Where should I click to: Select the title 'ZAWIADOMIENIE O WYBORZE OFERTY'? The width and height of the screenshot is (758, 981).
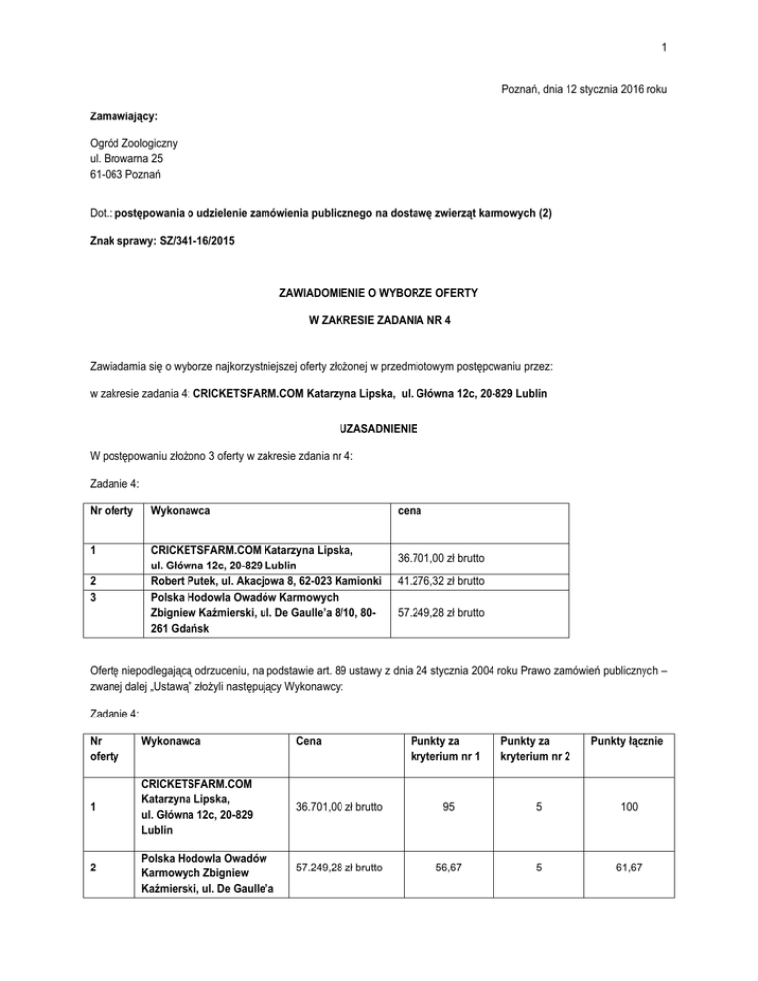pyautogui.click(x=378, y=292)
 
